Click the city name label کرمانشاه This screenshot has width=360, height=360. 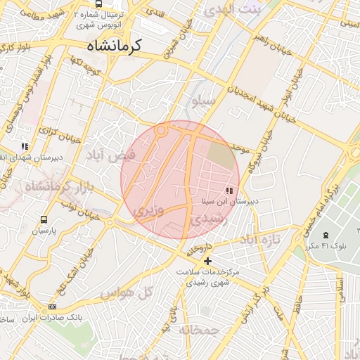115,45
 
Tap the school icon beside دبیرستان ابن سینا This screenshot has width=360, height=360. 229,191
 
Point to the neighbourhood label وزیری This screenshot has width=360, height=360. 149,210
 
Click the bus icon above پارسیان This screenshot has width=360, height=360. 44,220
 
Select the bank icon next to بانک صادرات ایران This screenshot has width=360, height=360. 53,307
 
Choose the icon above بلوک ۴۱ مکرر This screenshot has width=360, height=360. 325,235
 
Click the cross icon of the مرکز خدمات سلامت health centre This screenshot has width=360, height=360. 207,262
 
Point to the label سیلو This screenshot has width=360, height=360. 203,102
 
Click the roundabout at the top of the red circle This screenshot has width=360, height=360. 161,130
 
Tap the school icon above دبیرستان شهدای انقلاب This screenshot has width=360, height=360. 25,147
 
